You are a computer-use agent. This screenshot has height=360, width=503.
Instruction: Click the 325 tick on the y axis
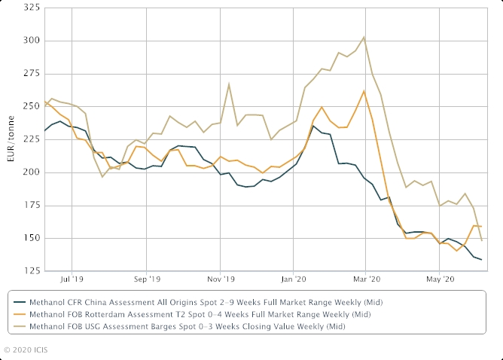click(31, 8)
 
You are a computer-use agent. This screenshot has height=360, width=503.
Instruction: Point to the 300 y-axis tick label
click(31, 41)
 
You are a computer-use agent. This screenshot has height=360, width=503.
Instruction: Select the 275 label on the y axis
click(31, 74)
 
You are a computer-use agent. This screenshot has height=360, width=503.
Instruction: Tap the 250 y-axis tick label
click(31, 106)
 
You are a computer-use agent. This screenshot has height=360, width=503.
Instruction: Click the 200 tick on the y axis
click(31, 172)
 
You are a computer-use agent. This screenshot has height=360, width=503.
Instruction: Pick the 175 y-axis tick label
click(31, 205)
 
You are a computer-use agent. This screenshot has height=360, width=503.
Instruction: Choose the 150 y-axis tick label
click(31, 238)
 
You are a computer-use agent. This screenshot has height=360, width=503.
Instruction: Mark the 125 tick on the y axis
click(31, 271)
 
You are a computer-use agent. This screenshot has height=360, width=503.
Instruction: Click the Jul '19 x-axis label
click(72, 279)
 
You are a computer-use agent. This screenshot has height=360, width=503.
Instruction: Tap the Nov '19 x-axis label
click(220, 279)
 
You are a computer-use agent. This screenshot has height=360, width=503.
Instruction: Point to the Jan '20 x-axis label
click(294, 279)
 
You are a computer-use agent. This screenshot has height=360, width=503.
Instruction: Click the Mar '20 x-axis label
click(366, 279)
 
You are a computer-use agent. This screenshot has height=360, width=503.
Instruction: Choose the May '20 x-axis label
click(440, 279)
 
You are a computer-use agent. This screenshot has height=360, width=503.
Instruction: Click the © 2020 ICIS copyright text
click(27, 350)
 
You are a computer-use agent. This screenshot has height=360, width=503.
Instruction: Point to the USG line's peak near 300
click(364, 37)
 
